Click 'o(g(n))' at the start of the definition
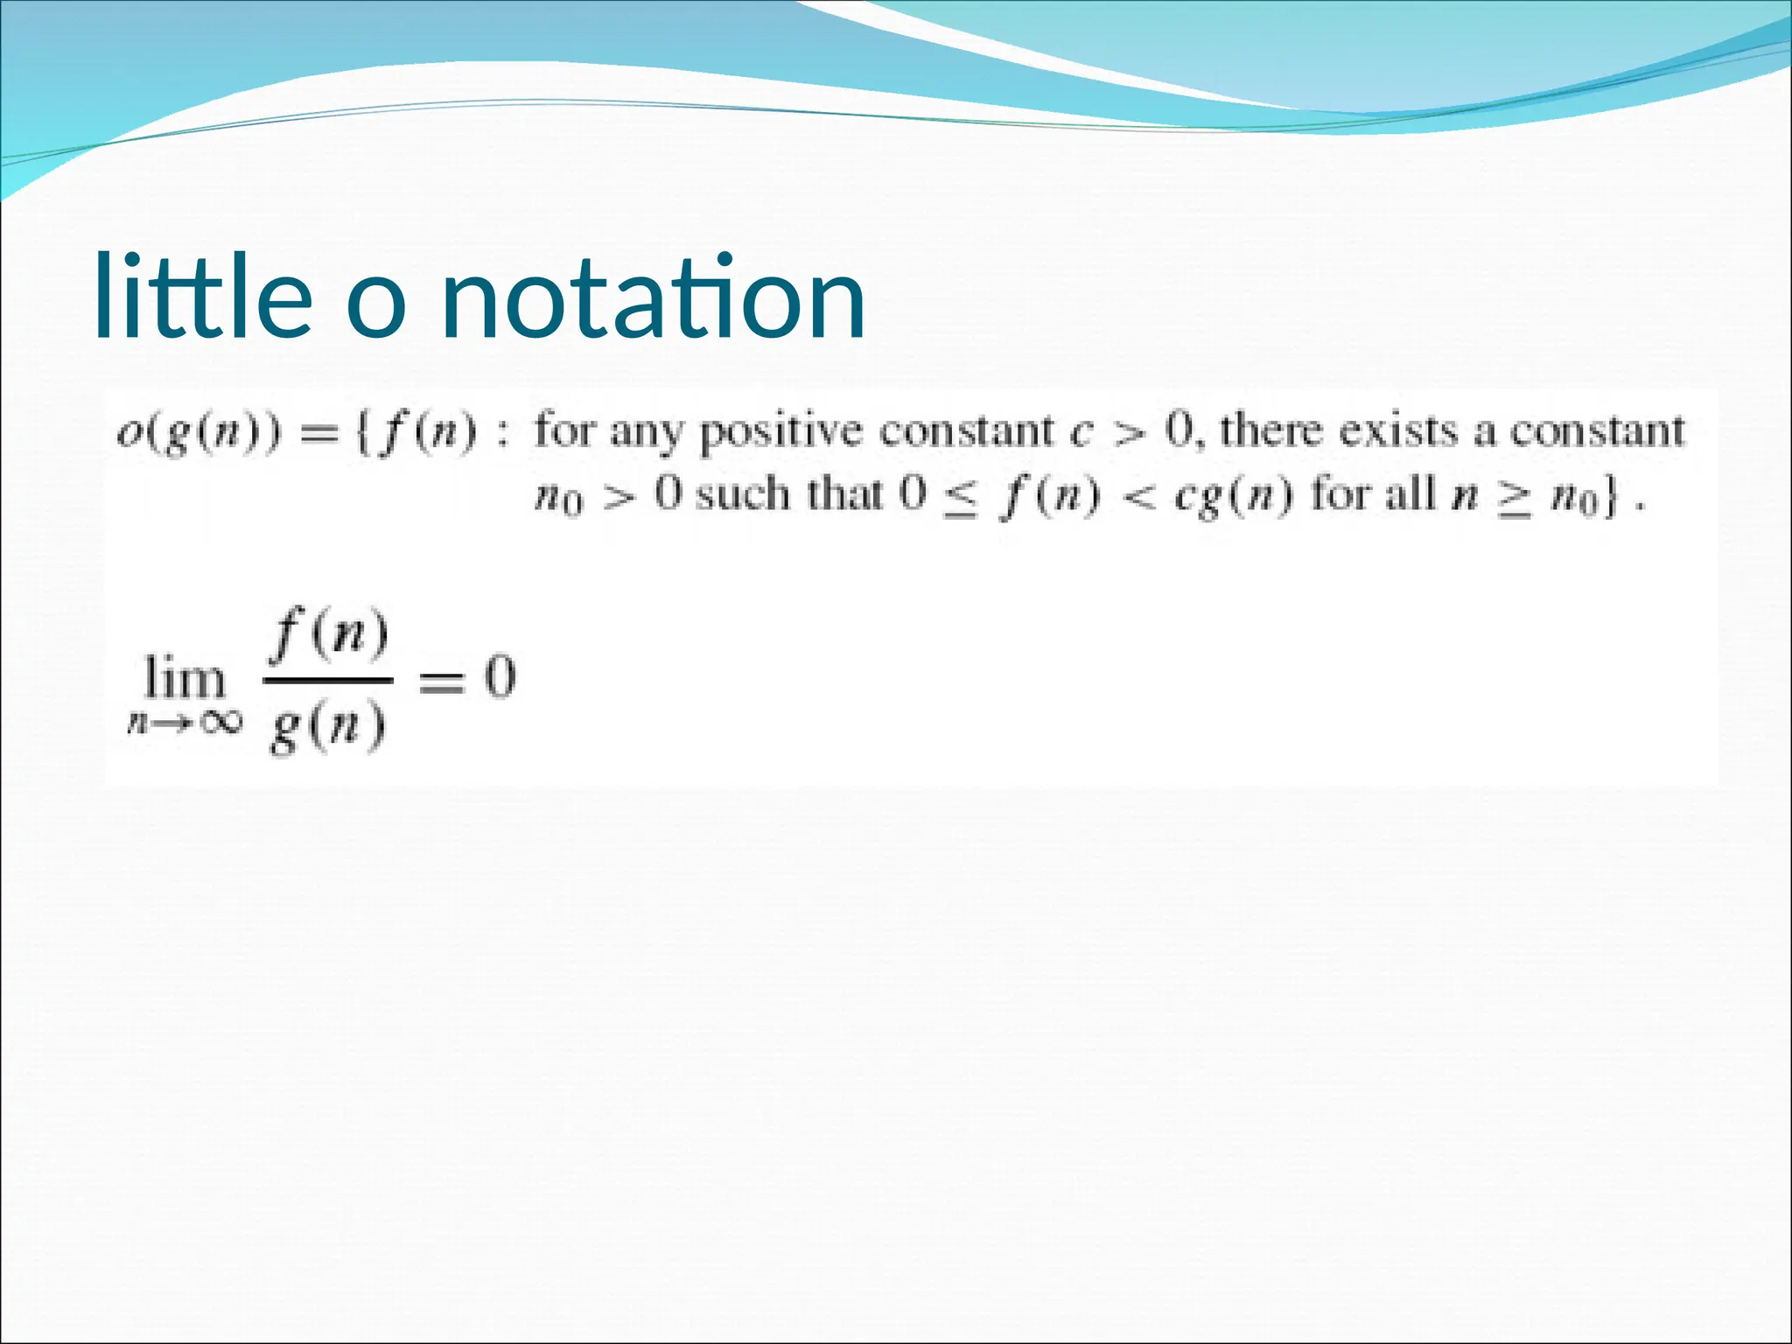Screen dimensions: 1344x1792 coord(199,432)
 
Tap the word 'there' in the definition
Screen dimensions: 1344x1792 coord(1270,430)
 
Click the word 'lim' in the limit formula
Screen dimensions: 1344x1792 coord(185,678)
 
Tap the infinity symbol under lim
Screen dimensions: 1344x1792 coord(217,722)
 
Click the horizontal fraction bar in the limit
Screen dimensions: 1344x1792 coord(328,679)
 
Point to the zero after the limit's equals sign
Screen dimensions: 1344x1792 coord(500,678)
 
